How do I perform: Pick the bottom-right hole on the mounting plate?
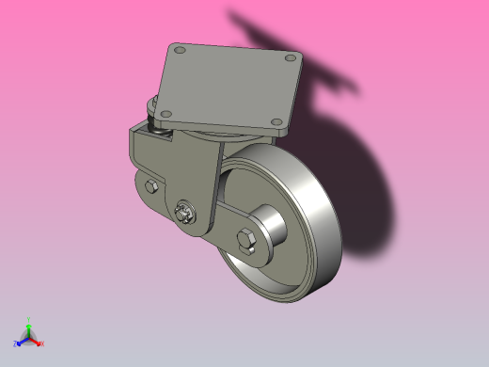(274, 121)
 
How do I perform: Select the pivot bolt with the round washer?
(188, 212)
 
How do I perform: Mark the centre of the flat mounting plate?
(230, 85)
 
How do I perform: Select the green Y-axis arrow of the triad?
(29, 328)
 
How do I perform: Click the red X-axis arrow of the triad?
(37, 341)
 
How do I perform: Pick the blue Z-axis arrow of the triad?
(22, 341)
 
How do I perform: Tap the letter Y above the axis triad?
(29, 320)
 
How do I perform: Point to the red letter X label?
(42, 343)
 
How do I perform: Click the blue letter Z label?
(15, 344)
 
